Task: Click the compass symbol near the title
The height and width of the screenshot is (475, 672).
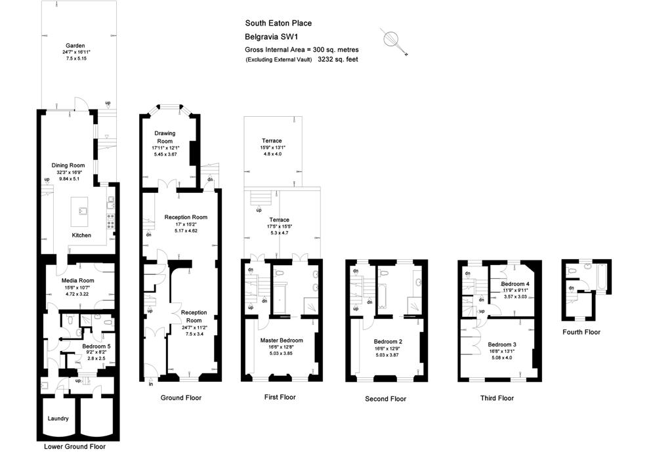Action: point(392,39)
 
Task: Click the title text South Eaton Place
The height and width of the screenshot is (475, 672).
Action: point(278,24)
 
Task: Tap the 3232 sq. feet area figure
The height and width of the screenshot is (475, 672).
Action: point(337,59)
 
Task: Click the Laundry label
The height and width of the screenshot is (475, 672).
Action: point(58,418)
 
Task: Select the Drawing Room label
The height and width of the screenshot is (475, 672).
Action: point(165,137)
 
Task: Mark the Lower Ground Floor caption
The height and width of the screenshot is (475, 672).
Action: point(74,447)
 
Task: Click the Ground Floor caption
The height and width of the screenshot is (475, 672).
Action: point(180,398)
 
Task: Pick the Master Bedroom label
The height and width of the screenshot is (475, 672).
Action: point(282,341)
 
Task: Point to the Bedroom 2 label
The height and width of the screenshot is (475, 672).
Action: point(388,341)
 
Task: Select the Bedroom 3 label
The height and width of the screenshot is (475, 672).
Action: point(501,344)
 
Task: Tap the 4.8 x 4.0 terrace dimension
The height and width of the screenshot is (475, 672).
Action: point(272,154)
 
